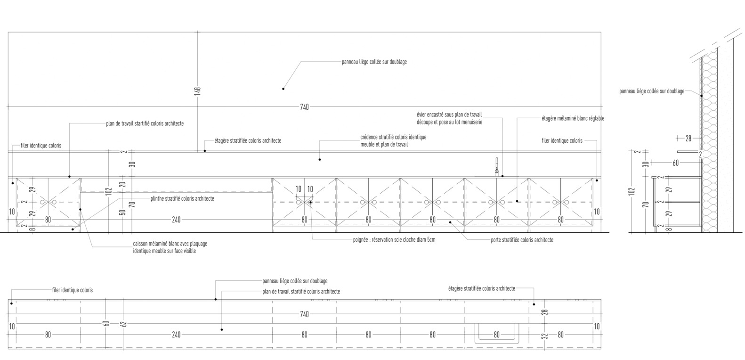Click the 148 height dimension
(197, 90)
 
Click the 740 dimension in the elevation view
(304, 107)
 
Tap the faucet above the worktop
(496, 166)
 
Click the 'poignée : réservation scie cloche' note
(394, 240)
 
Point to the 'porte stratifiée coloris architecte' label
(522, 240)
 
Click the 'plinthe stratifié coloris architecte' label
(182, 199)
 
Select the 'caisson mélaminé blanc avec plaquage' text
(170, 244)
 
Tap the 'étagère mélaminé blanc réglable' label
(573, 119)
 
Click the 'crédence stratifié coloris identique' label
(393, 137)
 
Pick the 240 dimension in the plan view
(176, 335)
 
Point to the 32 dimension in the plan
(544, 336)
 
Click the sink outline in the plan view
(496, 332)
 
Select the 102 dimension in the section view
(632, 191)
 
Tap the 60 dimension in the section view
(675, 163)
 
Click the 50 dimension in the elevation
(122, 213)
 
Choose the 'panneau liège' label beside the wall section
(651, 91)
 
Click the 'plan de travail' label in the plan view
(301, 292)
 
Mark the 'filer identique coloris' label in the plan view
(73, 290)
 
